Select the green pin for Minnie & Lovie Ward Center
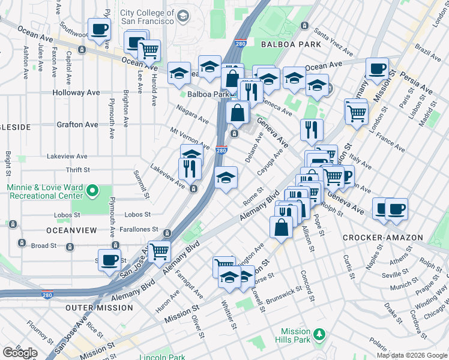tap(92, 191)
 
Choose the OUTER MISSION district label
tap(98, 308)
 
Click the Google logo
tap(20, 353)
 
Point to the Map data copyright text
tap(412, 355)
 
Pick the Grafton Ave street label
tap(77, 125)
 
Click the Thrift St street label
tap(78, 170)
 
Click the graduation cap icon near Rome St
tap(226, 177)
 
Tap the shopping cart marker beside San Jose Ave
tap(159, 251)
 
